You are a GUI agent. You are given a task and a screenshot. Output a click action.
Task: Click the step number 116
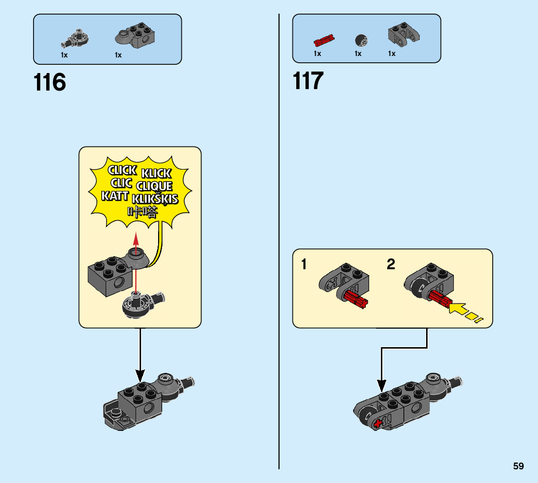(x=50, y=83)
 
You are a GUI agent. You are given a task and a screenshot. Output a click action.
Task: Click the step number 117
(x=308, y=81)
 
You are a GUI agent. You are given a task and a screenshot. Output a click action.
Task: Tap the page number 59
(x=518, y=466)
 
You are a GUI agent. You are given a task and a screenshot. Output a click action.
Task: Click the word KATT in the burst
(x=115, y=196)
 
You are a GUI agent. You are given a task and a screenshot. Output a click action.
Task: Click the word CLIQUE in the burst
(x=154, y=186)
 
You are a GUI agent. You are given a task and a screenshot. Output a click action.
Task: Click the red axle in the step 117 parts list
(x=323, y=38)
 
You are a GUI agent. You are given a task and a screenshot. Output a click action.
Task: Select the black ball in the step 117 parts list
(x=361, y=39)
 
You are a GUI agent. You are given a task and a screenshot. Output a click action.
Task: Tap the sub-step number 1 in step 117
(x=304, y=265)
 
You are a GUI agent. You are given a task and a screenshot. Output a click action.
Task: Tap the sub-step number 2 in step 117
(x=391, y=265)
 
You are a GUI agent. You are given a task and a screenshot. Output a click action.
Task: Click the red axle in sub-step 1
(x=357, y=300)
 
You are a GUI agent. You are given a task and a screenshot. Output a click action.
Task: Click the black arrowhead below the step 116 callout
(x=140, y=375)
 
